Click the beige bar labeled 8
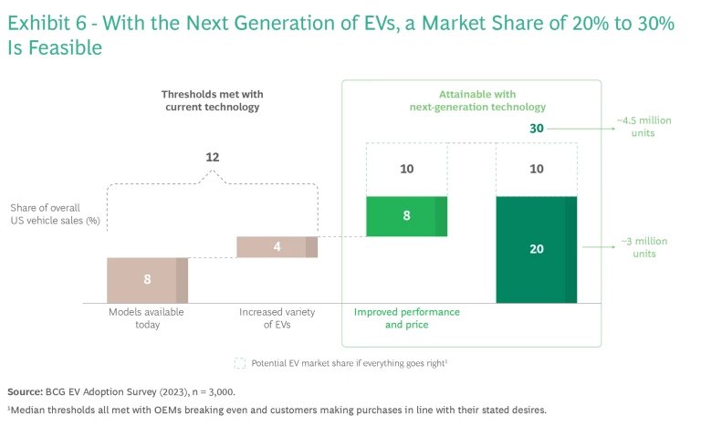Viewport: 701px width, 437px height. click(147, 279)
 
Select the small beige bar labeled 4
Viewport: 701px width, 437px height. click(277, 246)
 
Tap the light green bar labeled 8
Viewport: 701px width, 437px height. click(406, 216)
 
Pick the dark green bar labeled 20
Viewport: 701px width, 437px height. click(536, 249)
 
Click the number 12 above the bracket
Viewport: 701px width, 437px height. click(212, 157)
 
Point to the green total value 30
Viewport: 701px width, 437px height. click(536, 129)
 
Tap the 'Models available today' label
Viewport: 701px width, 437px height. click(147, 318)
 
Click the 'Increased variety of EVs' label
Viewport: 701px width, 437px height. click(277, 318)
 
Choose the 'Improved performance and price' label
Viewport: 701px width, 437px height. click(406, 318)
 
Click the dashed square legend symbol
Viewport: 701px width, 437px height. click(239, 362)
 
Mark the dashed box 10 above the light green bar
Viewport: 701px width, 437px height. click(406, 169)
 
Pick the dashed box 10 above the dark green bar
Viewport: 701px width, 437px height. click(536, 169)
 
